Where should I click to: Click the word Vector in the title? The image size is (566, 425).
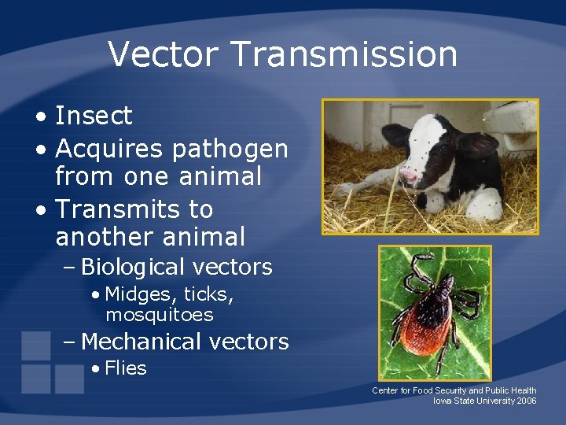[x=165, y=54]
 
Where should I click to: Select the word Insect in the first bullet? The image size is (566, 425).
[x=94, y=116]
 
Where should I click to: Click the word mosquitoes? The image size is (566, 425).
[x=159, y=315]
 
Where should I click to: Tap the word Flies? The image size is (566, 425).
[x=125, y=368]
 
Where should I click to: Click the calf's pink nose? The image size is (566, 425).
[x=410, y=175]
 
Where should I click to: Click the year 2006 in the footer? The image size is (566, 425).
[x=527, y=401]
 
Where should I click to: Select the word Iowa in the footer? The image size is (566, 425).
[x=443, y=401]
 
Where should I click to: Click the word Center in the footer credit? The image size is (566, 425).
[x=385, y=390]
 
